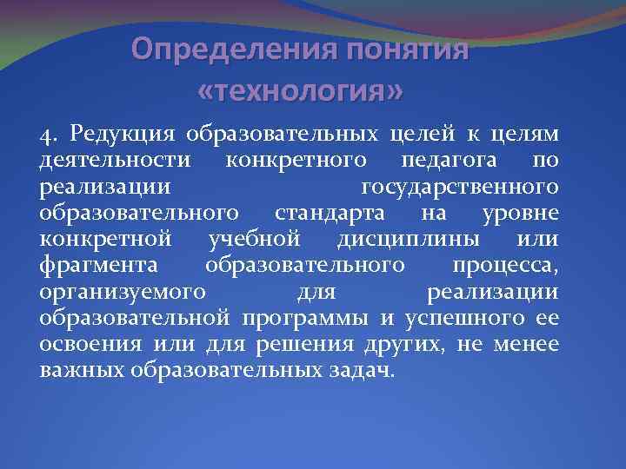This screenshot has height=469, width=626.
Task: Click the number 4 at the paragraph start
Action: pos(46,135)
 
